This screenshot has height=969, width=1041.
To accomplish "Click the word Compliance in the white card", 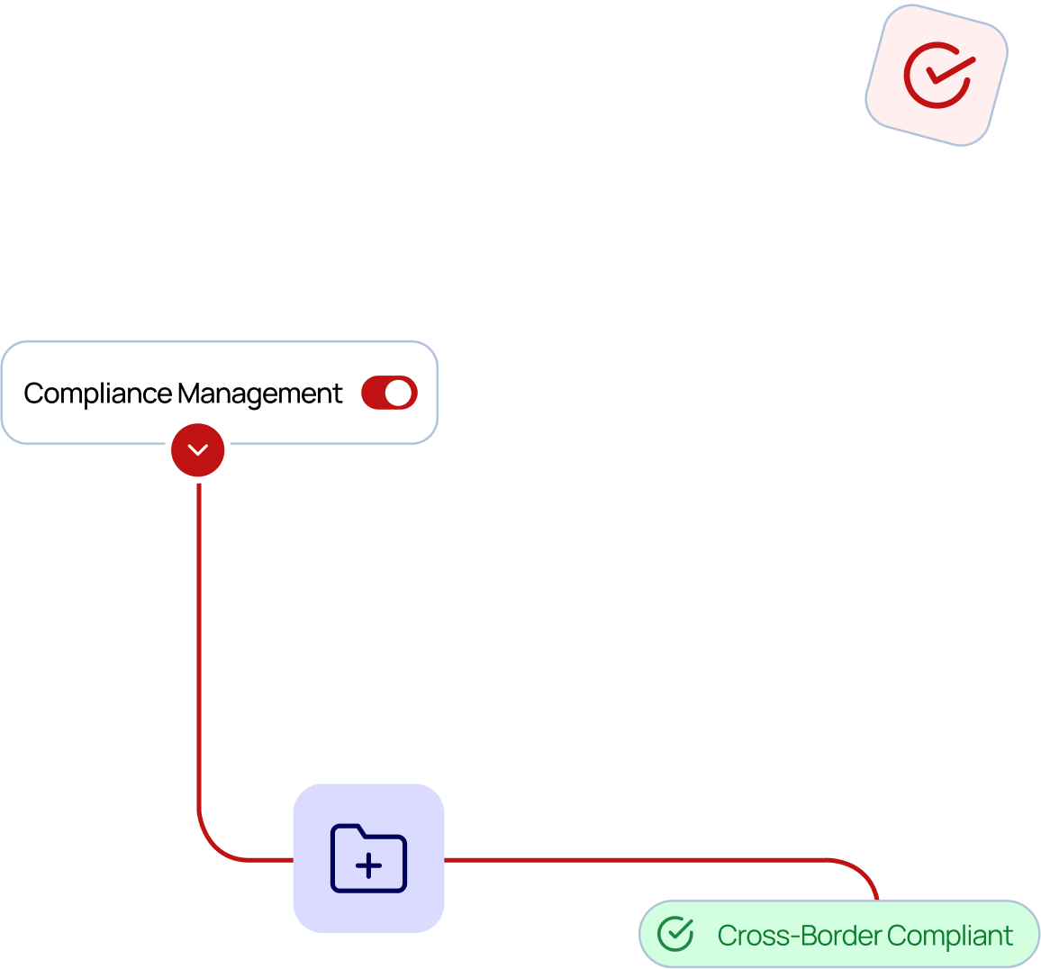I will click(97, 394).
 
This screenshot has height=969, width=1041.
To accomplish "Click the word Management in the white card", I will click(259, 394).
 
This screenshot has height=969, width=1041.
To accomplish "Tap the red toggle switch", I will click(389, 393).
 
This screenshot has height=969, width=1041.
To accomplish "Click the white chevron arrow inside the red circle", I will click(198, 449).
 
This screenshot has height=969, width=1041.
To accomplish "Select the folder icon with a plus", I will click(368, 858).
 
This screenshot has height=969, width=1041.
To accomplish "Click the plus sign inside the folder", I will click(368, 866).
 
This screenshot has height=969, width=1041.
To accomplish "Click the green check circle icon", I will click(675, 934).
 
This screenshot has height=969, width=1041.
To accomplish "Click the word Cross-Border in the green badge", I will click(800, 936).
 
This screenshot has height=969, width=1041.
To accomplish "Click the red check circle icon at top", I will click(937, 76).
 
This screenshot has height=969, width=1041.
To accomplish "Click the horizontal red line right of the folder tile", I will click(630, 859).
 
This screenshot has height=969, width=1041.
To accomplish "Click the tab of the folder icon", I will click(348, 829).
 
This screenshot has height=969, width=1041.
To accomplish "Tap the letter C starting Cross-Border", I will click(729, 936).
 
